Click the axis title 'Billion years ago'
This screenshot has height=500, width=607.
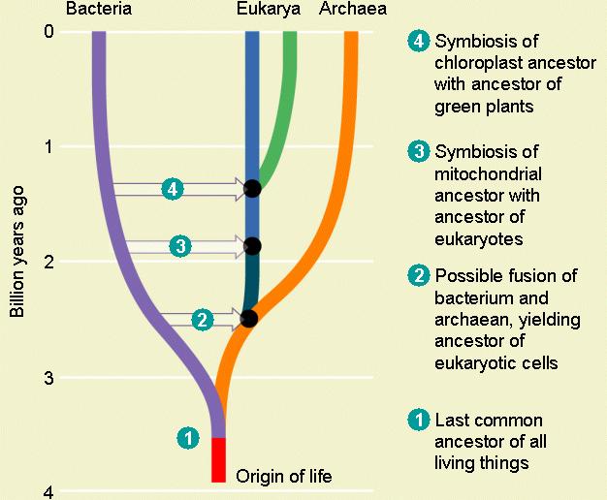click(16, 262)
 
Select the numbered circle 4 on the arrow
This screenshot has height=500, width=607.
click(174, 189)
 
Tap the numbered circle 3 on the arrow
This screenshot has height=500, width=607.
click(180, 246)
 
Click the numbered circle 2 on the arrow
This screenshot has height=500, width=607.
click(202, 319)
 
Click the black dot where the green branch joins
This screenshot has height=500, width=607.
click(252, 188)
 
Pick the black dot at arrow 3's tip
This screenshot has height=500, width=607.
click(252, 246)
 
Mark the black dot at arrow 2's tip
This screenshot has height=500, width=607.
click(249, 318)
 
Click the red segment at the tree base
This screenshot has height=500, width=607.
click(219, 458)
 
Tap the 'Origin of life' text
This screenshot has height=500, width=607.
click(284, 476)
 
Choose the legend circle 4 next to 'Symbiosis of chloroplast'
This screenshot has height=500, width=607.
click(419, 43)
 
